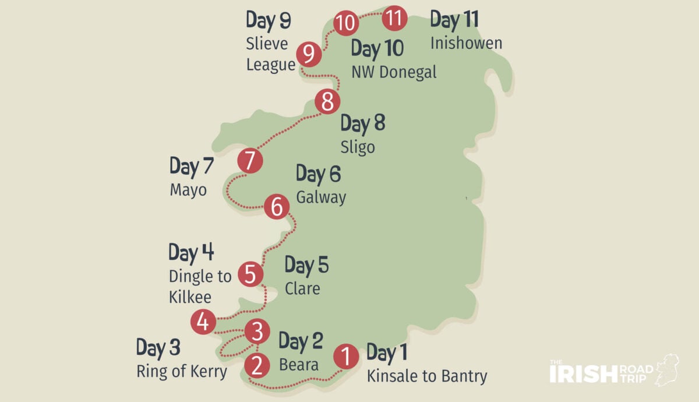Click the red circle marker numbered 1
(x=345, y=357)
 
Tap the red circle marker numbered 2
(x=256, y=365)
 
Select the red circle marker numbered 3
(x=257, y=332)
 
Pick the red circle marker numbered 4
(x=203, y=322)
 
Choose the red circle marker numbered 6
(x=276, y=207)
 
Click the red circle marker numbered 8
(x=327, y=103)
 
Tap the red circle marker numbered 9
(x=309, y=54)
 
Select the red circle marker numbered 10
(x=345, y=23)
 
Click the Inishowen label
(x=466, y=43)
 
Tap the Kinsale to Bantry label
(x=427, y=376)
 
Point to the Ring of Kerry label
(x=182, y=371)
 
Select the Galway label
(x=321, y=197)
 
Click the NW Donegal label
(x=394, y=72)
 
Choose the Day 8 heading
(x=362, y=124)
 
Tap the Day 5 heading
(x=306, y=266)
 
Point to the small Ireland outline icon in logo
(x=668, y=368)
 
